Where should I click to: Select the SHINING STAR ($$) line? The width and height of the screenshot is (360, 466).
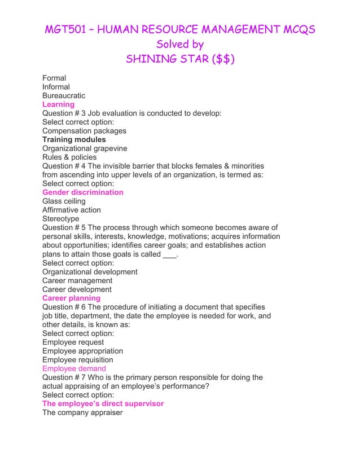180,59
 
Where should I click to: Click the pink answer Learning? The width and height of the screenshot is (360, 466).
58,104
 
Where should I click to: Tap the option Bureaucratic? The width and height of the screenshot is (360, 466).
64,96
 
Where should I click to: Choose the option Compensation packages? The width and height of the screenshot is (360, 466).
84,131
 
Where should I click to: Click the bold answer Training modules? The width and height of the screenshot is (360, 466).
74,139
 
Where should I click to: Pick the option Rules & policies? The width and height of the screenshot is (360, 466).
69,157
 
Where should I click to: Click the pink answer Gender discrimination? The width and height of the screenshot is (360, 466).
82,192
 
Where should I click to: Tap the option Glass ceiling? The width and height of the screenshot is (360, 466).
64,201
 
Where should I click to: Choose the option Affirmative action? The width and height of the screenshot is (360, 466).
72,210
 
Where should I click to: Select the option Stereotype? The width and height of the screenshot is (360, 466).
60,219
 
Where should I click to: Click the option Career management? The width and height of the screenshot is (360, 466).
77,280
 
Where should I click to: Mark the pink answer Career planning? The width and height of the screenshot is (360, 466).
71,298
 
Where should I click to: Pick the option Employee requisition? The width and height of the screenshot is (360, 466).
77,360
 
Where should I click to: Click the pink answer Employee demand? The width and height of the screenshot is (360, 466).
74,368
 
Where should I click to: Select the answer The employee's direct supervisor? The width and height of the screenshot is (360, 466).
103,404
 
